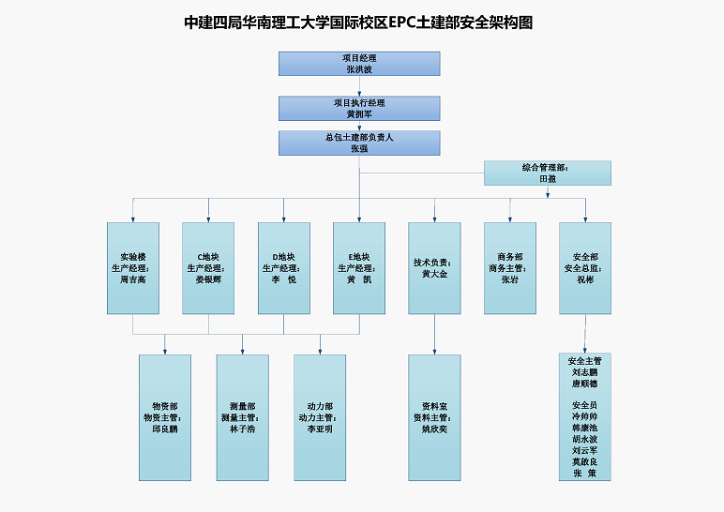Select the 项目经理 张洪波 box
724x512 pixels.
[359, 64]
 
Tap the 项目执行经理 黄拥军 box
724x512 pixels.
[359, 109]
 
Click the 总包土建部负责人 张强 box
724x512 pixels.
[359, 143]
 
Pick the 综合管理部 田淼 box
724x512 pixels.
[547, 173]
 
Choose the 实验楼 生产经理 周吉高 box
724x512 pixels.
[133, 268]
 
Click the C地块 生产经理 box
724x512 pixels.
[208, 268]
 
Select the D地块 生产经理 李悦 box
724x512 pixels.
[284, 268]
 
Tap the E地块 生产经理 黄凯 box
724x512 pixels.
[359, 268]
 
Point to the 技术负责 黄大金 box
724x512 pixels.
[434, 268]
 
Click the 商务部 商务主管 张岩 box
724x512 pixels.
[510, 268]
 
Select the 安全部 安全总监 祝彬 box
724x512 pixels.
[585, 268]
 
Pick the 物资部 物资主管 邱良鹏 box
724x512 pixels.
[165, 417]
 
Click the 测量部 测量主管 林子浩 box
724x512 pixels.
[242, 417]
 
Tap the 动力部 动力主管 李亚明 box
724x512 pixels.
[320, 417]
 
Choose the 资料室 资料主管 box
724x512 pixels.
[434, 417]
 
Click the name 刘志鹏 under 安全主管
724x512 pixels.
[585, 372]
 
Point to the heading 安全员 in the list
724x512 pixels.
[585, 405]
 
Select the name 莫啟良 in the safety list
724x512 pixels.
[585, 461]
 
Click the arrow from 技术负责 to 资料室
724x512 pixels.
[434, 335]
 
